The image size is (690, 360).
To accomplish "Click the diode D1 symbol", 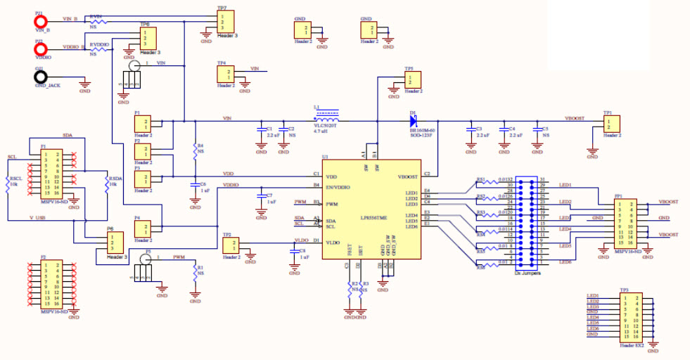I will [414, 119].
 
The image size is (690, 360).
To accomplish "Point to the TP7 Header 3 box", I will [223, 21].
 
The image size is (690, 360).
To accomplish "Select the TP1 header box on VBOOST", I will [609, 124].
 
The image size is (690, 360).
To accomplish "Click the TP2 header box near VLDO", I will [229, 245].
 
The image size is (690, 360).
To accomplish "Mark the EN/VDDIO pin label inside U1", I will [340, 187].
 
